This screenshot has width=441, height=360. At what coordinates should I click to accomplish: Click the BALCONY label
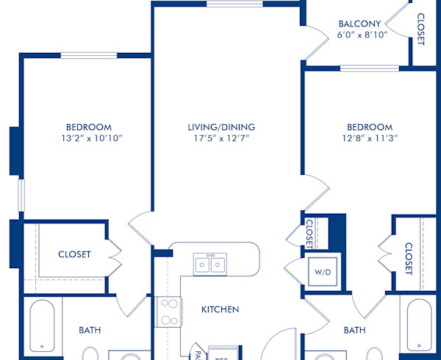(359, 23)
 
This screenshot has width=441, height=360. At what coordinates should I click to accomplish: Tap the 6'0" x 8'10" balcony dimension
(359, 35)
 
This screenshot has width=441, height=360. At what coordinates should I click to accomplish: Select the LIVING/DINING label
(219, 127)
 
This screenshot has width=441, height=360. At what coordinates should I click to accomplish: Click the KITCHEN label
(220, 309)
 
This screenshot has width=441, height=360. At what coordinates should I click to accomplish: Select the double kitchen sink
(209, 263)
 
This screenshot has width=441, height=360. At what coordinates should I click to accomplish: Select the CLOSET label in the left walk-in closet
(75, 254)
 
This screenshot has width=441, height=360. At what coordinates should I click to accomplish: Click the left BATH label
(90, 330)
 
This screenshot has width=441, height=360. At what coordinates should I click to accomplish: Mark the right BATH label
(354, 330)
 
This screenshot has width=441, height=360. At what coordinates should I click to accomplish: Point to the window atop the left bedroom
(88, 55)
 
